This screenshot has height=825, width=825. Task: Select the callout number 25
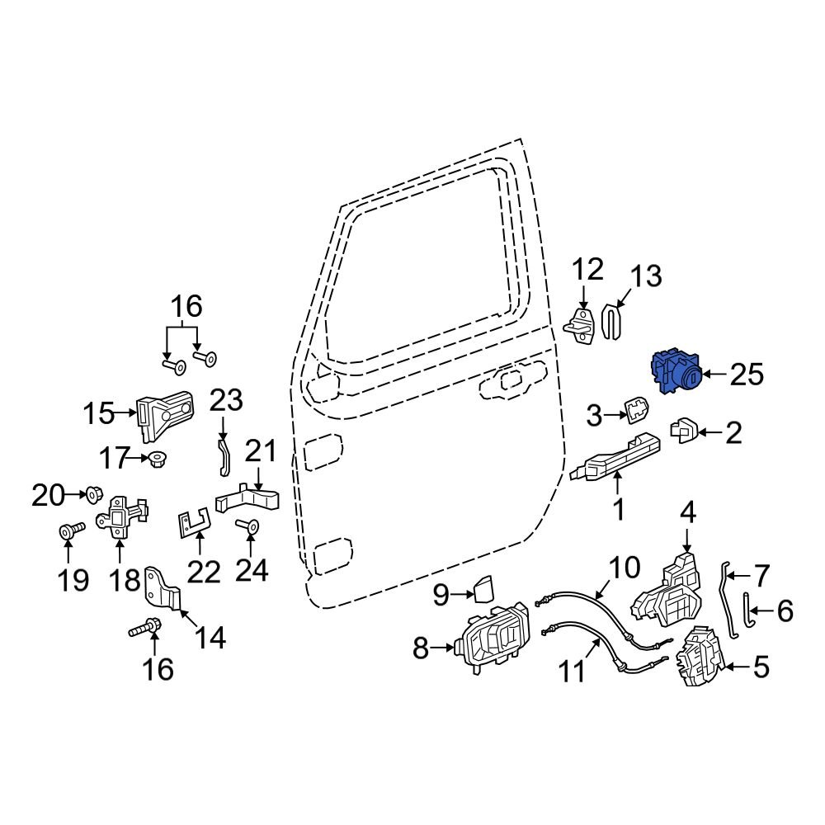coord(747,375)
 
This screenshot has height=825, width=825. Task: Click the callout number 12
coord(588,271)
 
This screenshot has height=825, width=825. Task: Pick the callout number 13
coord(646,276)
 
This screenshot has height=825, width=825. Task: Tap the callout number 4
coord(688,513)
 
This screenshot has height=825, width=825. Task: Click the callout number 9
coord(441,592)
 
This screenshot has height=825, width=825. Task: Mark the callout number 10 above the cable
coord(624,568)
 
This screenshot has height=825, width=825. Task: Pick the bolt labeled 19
coord(68,532)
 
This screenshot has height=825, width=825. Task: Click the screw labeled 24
coord(248,525)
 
